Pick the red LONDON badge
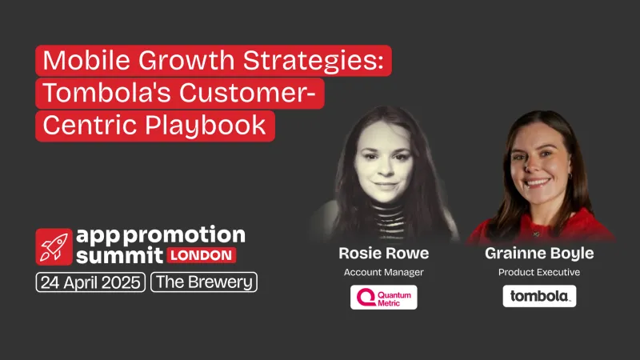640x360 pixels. [x=202, y=256]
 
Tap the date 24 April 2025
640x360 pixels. [x=90, y=282]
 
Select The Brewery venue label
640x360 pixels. [x=203, y=282]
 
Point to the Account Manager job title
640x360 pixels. [x=383, y=273]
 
